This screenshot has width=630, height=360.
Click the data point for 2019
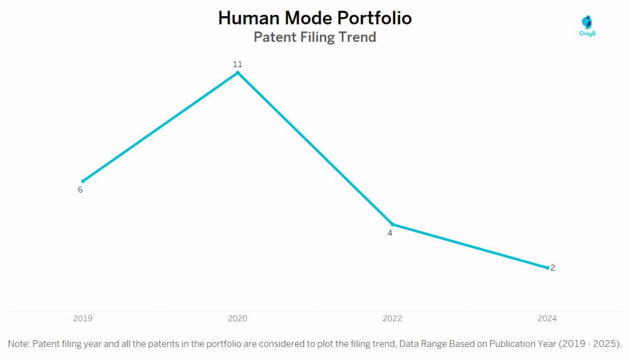83,181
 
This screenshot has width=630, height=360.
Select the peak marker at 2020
237,73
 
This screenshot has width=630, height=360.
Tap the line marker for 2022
393,224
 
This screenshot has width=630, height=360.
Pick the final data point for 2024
547,268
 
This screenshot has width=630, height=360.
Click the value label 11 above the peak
237,64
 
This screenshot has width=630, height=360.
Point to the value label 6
80,190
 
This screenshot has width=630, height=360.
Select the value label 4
389,233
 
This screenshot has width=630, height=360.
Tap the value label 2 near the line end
553,268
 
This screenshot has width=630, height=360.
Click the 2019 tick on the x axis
83,319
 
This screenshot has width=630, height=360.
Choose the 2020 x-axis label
237,319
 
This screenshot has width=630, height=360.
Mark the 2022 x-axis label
393,319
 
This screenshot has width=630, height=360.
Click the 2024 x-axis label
547,319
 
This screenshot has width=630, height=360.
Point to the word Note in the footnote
19,343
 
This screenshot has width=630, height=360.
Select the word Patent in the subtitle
273,37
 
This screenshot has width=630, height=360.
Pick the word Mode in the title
305,18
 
